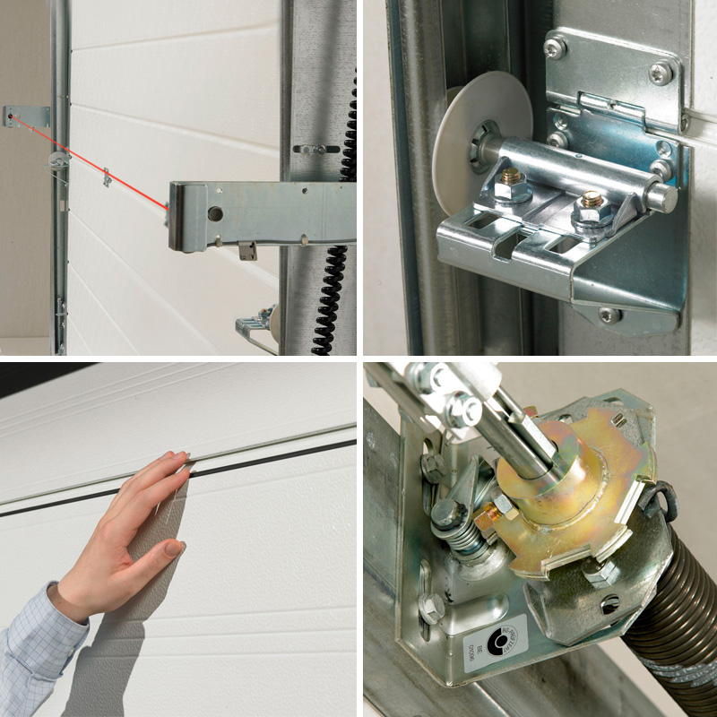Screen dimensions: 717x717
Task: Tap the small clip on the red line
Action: pyautogui.click(x=106, y=177)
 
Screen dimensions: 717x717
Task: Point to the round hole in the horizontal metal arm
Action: pyautogui.click(x=215, y=214)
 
